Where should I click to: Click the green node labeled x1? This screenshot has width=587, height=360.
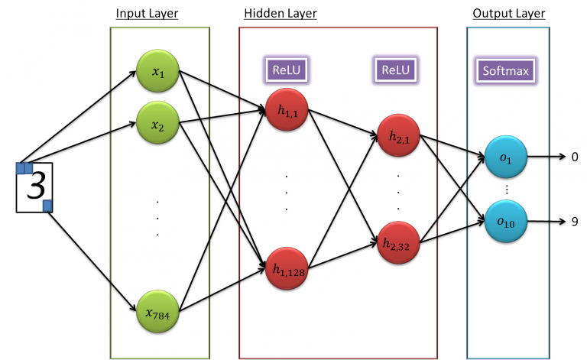[158, 73]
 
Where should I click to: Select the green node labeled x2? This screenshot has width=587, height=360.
[158, 124]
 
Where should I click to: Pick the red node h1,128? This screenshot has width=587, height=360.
[287, 268]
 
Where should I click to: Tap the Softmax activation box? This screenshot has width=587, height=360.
[505, 72]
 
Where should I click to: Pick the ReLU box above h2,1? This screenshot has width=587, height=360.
[395, 70]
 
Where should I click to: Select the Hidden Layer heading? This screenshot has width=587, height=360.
[280, 14]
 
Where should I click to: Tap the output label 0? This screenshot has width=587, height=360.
[575, 157]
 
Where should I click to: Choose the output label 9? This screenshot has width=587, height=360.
[575, 222]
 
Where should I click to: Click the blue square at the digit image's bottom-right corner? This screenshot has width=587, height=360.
[47, 205]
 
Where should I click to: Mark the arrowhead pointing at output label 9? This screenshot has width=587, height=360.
[560, 222]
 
